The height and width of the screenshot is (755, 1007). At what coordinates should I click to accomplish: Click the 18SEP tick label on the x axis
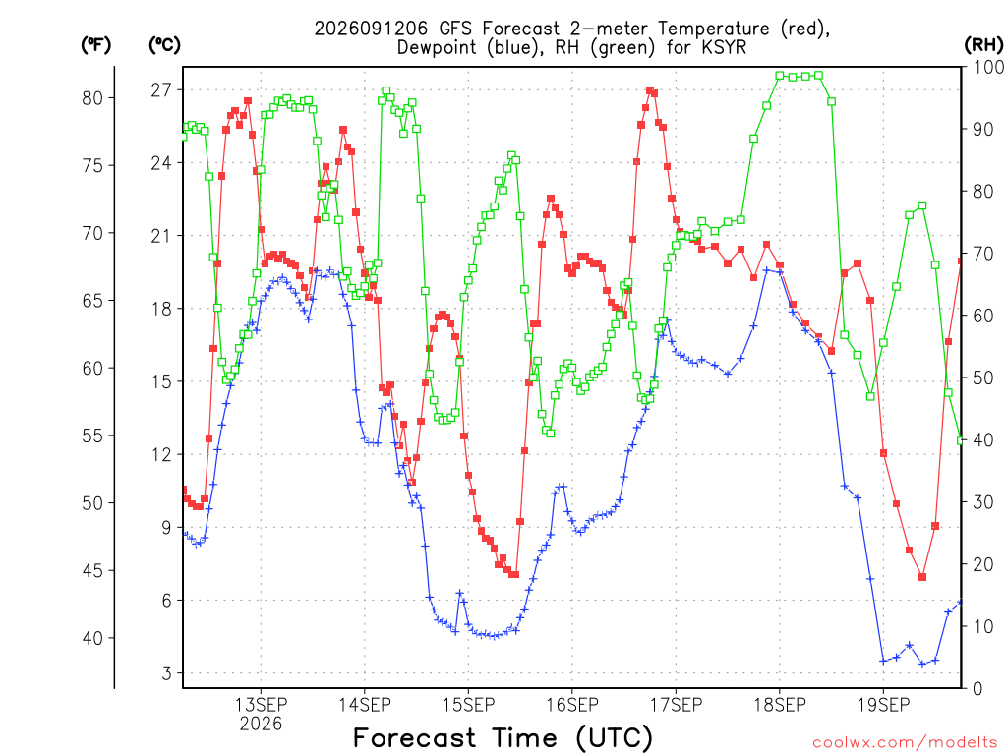click(780, 705)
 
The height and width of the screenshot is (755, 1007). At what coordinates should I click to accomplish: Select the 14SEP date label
click(365, 705)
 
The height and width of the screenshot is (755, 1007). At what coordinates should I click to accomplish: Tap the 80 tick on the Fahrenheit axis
click(91, 98)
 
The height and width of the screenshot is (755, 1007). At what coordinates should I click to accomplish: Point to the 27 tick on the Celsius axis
click(161, 89)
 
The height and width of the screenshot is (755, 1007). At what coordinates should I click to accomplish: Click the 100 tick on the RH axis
click(989, 67)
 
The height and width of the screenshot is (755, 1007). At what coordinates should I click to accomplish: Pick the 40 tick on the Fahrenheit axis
click(91, 638)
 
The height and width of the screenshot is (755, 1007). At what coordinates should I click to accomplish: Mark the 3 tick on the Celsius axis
click(167, 673)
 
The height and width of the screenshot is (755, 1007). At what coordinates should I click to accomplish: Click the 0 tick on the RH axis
click(977, 689)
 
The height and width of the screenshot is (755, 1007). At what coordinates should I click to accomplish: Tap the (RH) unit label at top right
click(983, 44)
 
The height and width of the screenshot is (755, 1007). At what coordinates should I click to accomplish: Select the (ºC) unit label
click(164, 44)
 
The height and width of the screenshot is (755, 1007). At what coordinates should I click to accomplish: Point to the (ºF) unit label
click(95, 44)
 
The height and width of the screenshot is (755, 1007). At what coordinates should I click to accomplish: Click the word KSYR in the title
click(724, 47)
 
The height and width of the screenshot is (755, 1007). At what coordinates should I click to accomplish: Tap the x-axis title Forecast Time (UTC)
click(503, 738)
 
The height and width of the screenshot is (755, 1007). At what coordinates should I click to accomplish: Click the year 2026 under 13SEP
click(261, 725)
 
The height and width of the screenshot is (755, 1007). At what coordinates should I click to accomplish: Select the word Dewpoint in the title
click(437, 47)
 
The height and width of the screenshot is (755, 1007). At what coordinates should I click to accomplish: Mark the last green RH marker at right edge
click(961, 440)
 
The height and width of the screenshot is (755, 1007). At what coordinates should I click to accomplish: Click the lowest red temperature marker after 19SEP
click(922, 577)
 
